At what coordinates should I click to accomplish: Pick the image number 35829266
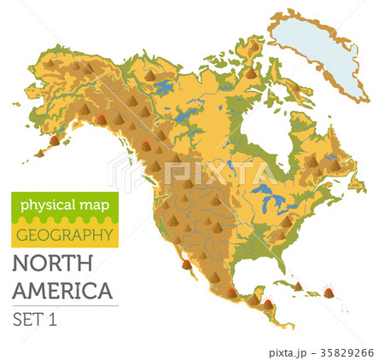tap(346, 350)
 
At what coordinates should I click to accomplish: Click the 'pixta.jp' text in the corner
tap(292, 350)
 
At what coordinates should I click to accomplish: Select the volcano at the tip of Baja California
tap(187, 264)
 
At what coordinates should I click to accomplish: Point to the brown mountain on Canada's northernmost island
tap(250, 73)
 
